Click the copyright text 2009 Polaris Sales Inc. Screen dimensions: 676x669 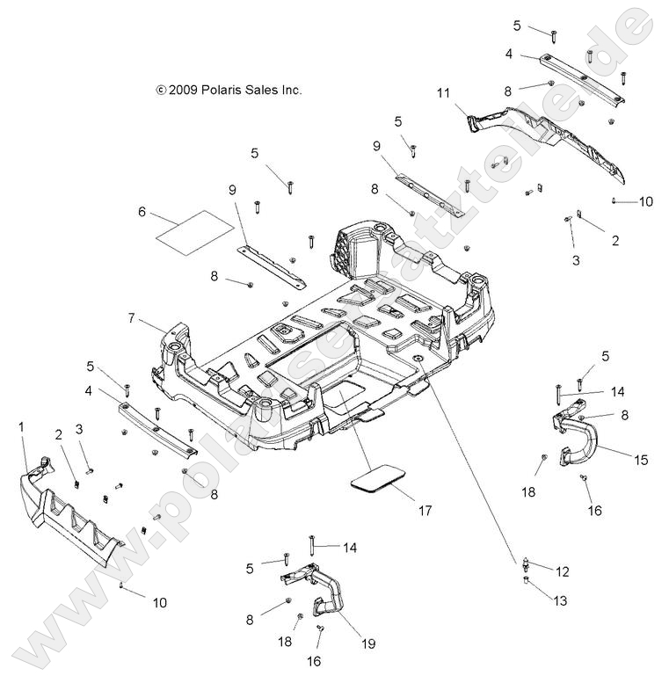click(229, 90)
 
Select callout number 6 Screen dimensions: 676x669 click(141, 212)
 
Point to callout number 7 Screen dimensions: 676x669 click(131, 318)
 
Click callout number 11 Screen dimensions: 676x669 click(443, 91)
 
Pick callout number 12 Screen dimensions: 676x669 click(563, 571)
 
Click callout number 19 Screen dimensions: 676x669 click(368, 643)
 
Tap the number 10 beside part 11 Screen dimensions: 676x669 click(645, 201)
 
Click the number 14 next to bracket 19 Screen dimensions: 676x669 click(350, 548)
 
